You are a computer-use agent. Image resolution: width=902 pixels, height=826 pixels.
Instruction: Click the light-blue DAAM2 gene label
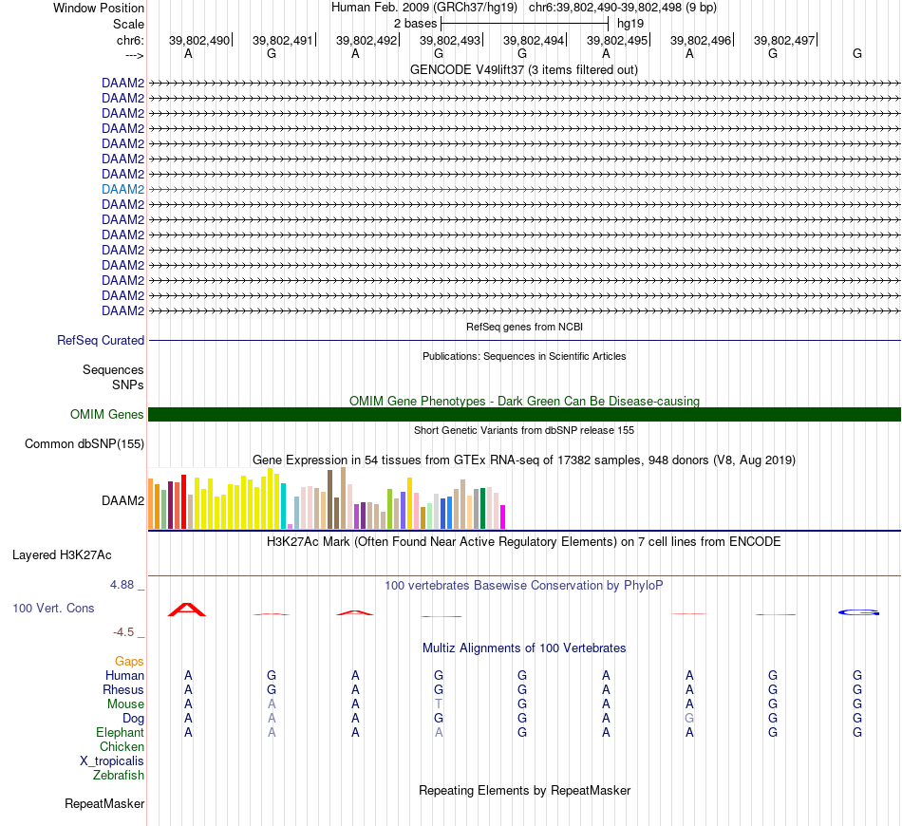123,189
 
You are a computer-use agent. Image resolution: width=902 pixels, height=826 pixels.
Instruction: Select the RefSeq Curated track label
101,340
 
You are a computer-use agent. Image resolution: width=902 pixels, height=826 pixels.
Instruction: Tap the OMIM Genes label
107,414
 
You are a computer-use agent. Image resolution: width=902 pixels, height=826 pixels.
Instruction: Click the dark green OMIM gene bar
524,414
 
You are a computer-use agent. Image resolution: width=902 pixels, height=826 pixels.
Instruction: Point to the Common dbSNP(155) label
85,443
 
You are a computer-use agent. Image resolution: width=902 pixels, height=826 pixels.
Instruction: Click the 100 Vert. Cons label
53,608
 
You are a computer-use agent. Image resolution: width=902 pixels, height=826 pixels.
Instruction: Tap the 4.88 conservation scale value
124,584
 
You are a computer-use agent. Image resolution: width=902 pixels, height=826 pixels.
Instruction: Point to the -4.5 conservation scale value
124,631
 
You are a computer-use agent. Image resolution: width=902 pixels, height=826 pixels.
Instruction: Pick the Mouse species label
125,704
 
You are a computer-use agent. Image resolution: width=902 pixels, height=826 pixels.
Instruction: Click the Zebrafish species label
119,775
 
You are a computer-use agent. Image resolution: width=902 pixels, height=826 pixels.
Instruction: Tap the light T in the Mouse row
439,704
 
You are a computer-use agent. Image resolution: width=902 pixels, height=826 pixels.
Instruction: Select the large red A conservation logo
187,610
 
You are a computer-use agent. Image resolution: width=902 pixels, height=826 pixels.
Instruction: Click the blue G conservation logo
858,612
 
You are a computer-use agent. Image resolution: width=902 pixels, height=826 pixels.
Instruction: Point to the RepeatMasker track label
104,804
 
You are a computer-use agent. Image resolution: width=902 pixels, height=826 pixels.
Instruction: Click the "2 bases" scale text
415,22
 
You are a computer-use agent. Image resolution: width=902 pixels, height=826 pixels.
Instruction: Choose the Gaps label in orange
129,661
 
